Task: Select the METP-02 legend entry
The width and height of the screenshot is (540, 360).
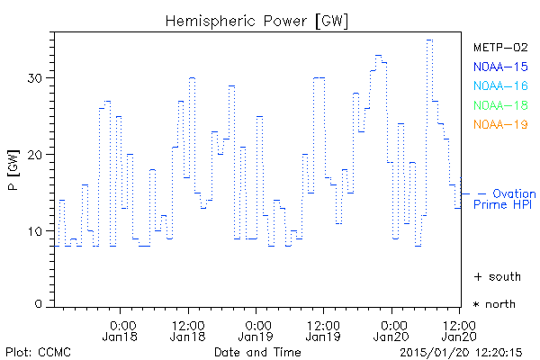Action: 500,47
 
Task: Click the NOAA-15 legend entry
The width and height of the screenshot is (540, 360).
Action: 500,66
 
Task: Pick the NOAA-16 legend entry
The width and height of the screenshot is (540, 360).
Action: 500,85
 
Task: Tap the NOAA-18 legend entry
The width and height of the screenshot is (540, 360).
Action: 500,104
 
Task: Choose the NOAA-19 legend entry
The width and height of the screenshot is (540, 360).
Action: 500,124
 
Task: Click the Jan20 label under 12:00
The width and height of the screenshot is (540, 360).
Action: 457,337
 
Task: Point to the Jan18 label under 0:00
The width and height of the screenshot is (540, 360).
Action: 122,337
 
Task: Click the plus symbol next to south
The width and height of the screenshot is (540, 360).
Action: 477,276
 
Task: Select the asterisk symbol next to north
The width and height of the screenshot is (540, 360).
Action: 477,304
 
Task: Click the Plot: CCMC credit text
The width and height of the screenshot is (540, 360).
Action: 38,351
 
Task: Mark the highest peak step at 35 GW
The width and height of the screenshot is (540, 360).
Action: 429,40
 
